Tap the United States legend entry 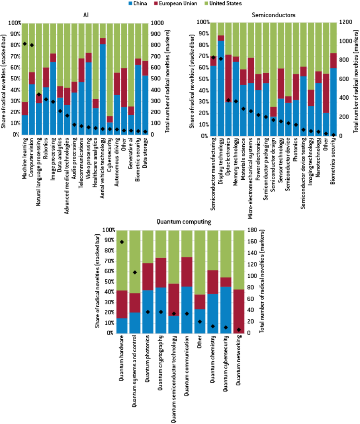224,3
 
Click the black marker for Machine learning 25,44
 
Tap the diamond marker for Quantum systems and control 135,272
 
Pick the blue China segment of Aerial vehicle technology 103,89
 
